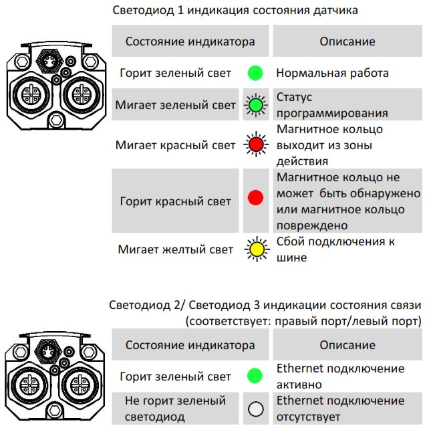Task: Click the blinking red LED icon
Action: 256,144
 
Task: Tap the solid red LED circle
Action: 255,197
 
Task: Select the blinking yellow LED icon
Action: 257,249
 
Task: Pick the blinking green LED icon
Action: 255,105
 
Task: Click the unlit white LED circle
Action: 256,409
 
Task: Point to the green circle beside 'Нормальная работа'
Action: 255,73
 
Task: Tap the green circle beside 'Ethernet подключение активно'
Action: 255,376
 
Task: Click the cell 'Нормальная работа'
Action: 332,73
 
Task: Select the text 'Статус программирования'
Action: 332,105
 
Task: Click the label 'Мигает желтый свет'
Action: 175,249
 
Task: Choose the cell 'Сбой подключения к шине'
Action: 335,249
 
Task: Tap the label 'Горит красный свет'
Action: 175,201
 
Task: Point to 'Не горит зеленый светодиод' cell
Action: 175,409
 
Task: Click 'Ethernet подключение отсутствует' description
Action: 340,409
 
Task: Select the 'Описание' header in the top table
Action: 347,41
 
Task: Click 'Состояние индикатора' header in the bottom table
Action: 190,344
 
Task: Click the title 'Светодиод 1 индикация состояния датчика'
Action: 235,10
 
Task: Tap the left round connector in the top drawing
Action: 31,94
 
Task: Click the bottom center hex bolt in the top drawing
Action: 56,120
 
